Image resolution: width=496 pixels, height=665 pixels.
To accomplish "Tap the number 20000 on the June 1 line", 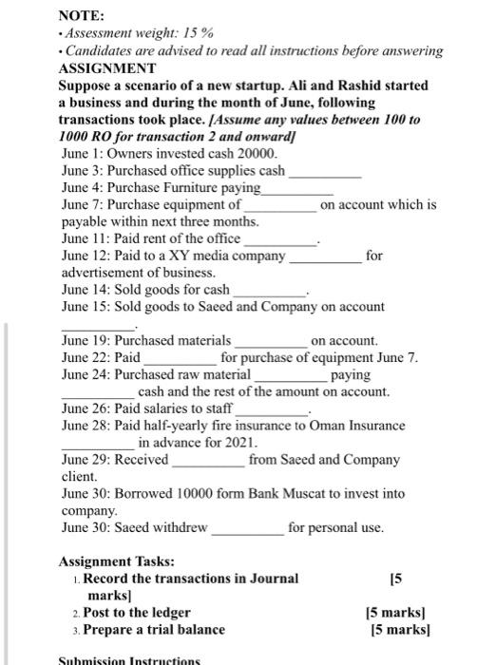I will pyautogui.click(x=259, y=153).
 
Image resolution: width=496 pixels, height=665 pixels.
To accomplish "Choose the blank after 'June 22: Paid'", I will pyautogui.click(x=181, y=357).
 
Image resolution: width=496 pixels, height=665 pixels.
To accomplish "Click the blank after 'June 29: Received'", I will pyautogui.click(x=208, y=460).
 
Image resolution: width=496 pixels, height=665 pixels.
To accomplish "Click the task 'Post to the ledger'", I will pyautogui.click(x=137, y=613).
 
